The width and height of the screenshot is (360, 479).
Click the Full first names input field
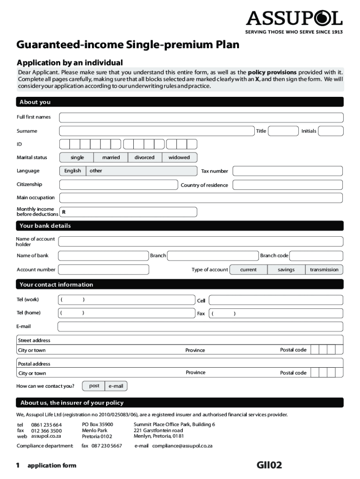201,117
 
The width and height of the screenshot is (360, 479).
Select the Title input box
283,131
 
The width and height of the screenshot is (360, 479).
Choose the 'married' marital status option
111,158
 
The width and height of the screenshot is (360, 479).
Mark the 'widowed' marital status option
179,158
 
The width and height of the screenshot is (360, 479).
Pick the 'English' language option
72,171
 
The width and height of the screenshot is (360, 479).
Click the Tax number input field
288,171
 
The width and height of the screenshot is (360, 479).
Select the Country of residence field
288,185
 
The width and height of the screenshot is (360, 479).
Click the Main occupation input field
201,197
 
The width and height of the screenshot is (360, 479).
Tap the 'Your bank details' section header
45,226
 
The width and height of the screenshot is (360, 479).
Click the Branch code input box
317,255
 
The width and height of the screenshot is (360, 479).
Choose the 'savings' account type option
286,269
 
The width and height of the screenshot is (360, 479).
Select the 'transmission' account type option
324,269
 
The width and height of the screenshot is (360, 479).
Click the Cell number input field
276,300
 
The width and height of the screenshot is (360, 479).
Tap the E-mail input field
201,327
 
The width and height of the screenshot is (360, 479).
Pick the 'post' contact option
94,386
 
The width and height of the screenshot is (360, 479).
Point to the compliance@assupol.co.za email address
182,446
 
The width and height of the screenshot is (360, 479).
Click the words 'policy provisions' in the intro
272,73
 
